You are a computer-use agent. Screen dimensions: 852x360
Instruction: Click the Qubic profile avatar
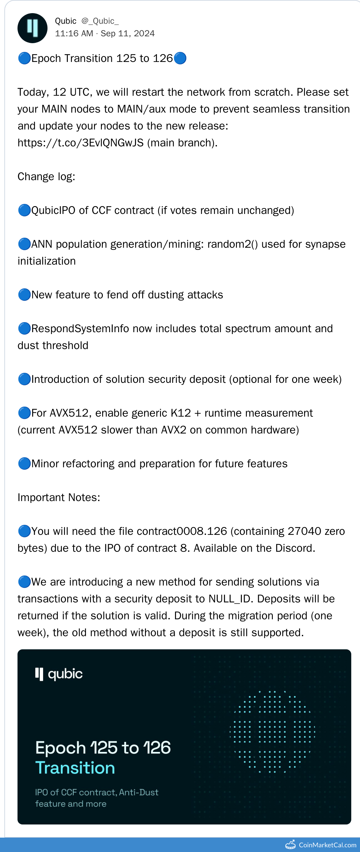coord(32,28)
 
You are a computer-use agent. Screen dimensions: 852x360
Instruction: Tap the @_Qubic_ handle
coord(100,21)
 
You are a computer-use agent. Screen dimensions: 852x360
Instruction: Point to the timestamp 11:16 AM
coord(74,33)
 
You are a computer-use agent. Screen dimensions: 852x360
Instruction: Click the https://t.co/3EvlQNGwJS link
coord(80,143)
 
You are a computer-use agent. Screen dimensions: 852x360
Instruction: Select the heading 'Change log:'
coord(46,177)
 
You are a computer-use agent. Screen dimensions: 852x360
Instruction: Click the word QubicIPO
coord(53,210)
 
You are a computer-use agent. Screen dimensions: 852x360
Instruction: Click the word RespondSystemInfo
coord(80,328)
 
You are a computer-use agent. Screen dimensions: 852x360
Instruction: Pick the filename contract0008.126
coord(182,531)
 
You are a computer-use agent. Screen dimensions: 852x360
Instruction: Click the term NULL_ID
coord(230,599)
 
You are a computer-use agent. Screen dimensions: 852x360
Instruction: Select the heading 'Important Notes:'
coord(59,497)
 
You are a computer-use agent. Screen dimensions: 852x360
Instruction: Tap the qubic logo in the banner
coord(59,674)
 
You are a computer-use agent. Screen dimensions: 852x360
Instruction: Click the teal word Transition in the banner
coord(75,768)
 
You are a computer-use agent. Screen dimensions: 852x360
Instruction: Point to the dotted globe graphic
coord(272,731)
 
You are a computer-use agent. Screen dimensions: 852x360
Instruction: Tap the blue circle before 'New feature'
coord(24,295)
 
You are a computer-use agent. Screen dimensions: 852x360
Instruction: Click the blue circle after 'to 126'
coord(180,58)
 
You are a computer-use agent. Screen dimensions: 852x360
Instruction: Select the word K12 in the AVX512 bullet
coord(181,413)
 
